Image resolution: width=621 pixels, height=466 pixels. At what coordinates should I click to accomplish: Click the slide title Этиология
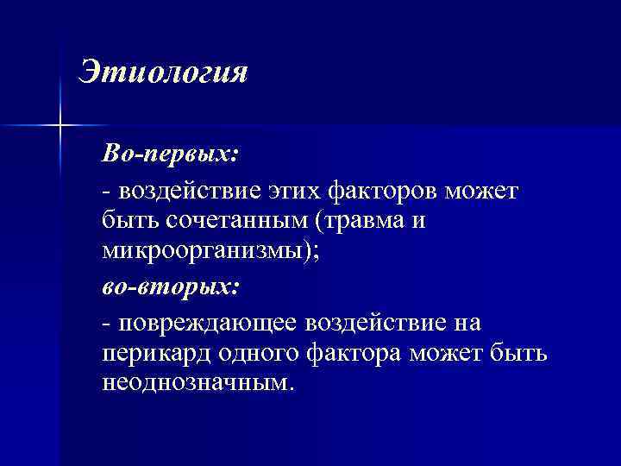click(x=162, y=72)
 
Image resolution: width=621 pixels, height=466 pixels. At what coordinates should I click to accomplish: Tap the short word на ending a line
click(x=466, y=322)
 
